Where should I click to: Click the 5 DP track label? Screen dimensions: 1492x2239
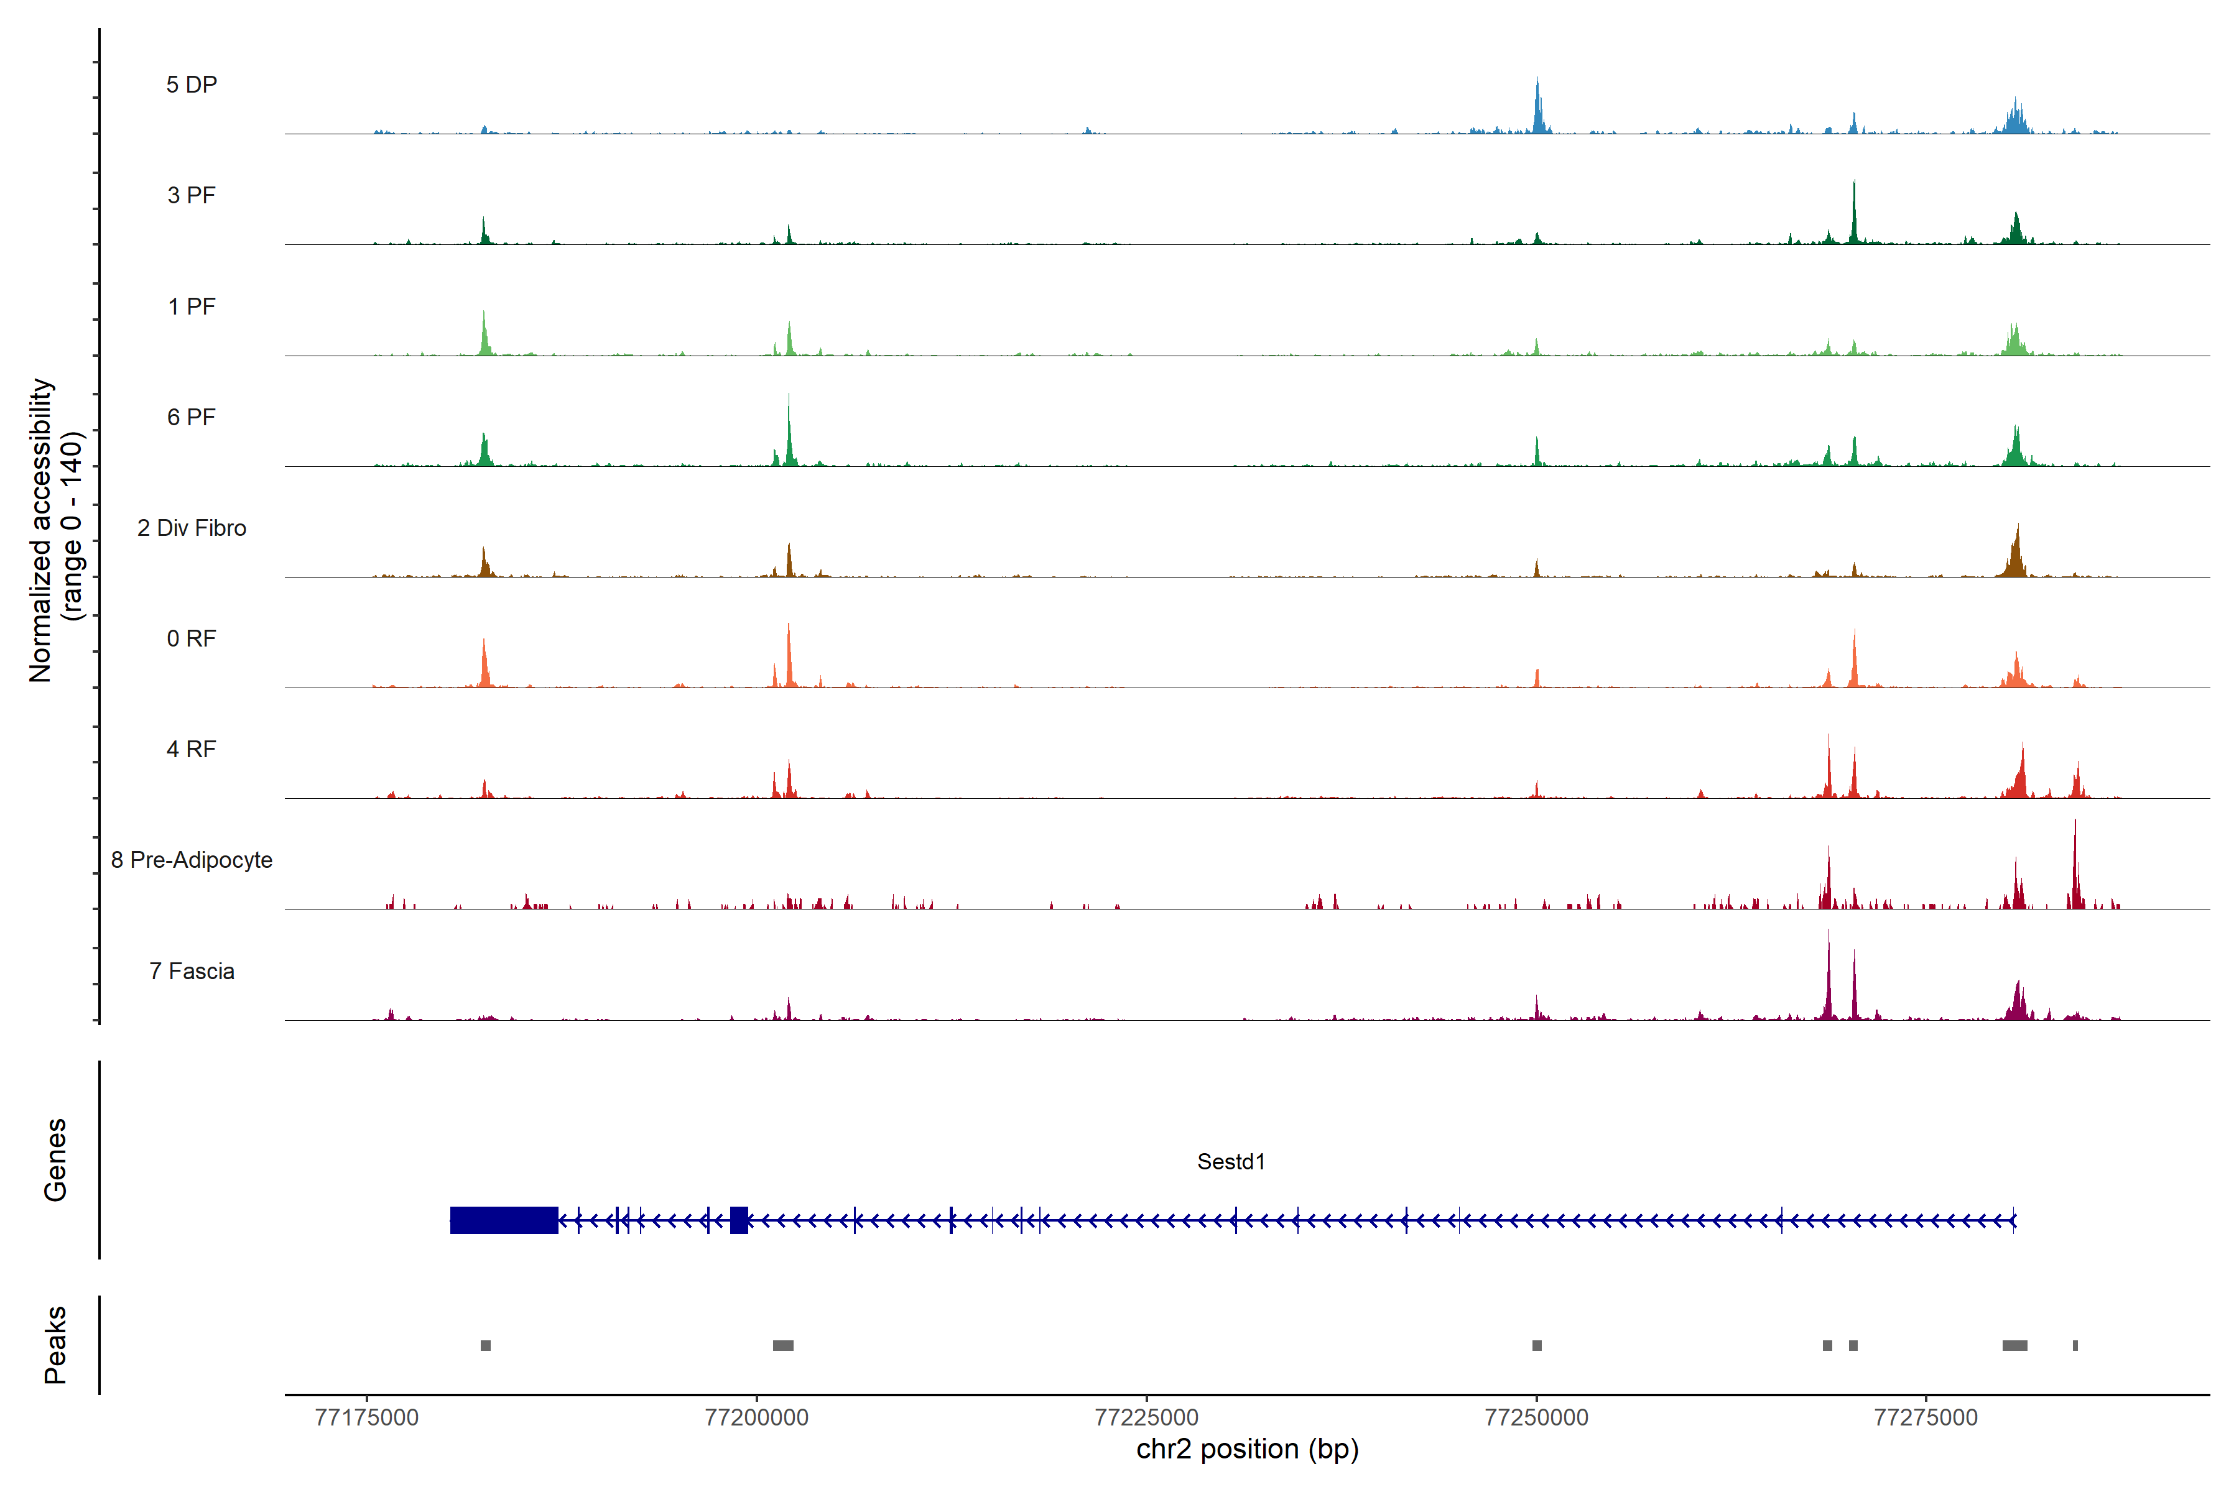pos(192,85)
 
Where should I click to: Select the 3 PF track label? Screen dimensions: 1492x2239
pos(192,195)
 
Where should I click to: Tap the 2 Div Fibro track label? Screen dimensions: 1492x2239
pos(192,528)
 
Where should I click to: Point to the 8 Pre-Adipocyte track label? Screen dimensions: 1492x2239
pos(192,860)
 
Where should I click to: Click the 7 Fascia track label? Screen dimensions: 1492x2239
pos(192,972)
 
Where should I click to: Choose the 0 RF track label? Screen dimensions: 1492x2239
pos(192,638)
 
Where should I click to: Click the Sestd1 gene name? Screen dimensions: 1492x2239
pos(1231,1162)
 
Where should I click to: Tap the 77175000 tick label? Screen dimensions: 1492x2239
pos(366,1418)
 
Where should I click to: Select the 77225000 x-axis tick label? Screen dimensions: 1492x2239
pos(1146,1418)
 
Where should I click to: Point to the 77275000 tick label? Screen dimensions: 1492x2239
pos(1926,1418)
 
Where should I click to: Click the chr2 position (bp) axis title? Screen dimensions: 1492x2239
pos(1247,1449)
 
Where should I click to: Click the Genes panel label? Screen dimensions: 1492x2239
pos(55,1160)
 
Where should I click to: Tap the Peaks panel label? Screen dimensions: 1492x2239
pos(55,1345)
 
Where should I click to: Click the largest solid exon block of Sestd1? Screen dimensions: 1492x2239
pos(504,1220)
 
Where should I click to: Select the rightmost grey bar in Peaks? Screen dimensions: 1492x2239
pos(2075,1345)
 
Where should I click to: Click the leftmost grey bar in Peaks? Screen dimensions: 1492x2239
pos(486,1345)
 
